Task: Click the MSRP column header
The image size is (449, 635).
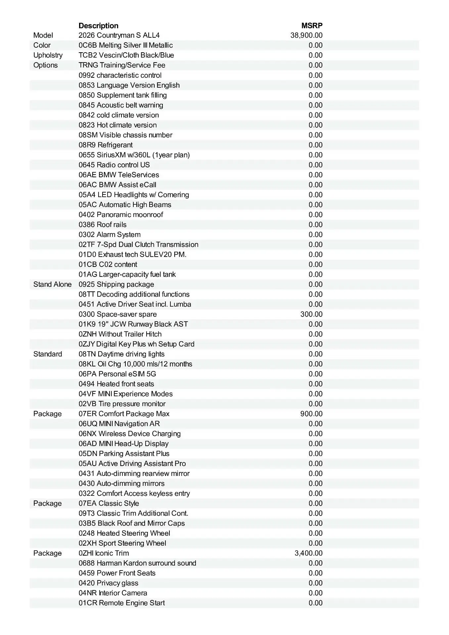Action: point(312,26)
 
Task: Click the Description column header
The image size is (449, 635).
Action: point(98,26)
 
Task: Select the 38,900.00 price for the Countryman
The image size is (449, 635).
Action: point(306,35)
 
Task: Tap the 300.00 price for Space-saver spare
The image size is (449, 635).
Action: point(311,314)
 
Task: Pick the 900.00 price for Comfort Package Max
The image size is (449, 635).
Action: point(311,414)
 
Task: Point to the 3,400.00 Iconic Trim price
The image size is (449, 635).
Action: point(308,553)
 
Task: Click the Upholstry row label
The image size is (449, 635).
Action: point(48,55)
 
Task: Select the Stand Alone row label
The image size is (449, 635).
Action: point(52,284)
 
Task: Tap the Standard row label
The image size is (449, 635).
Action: point(48,354)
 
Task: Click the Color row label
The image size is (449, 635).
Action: point(42,45)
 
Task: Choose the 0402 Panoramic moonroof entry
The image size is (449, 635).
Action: point(121,215)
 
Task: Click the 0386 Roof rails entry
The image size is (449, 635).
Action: point(103,225)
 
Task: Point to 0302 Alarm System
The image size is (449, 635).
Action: point(110,235)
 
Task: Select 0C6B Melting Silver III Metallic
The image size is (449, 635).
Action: point(126,45)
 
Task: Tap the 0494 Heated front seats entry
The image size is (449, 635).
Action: point(116,384)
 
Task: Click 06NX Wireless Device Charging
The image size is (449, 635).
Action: point(130,434)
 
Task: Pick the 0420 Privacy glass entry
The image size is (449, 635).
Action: point(109,583)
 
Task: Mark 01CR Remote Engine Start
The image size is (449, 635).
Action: point(122,603)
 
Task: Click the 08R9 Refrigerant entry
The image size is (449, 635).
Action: point(106,145)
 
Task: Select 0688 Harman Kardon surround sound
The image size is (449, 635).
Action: point(137,563)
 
